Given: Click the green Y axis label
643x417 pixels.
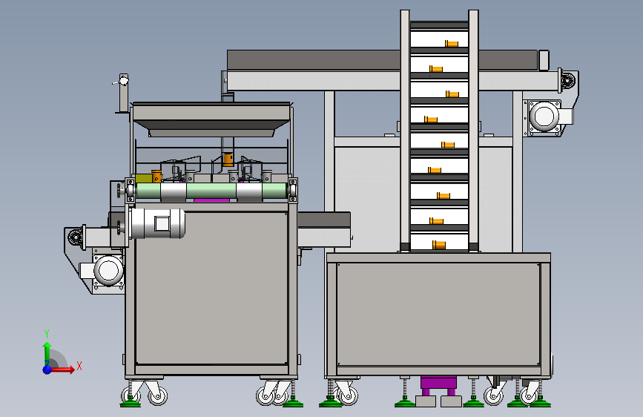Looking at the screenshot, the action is click(47, 333).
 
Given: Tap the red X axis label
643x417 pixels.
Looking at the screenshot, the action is click(79, 366).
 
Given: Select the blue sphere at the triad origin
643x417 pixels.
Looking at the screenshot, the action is click(47, 370).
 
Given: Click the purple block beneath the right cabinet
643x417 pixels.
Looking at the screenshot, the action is click(438, 385).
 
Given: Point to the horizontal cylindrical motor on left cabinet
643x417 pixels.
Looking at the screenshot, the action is click(157, 223).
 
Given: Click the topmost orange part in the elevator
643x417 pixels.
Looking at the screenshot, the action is click(452, 43).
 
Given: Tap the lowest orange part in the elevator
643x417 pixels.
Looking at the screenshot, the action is click(439, 245).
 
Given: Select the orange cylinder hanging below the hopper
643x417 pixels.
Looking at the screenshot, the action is click(228, 159).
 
